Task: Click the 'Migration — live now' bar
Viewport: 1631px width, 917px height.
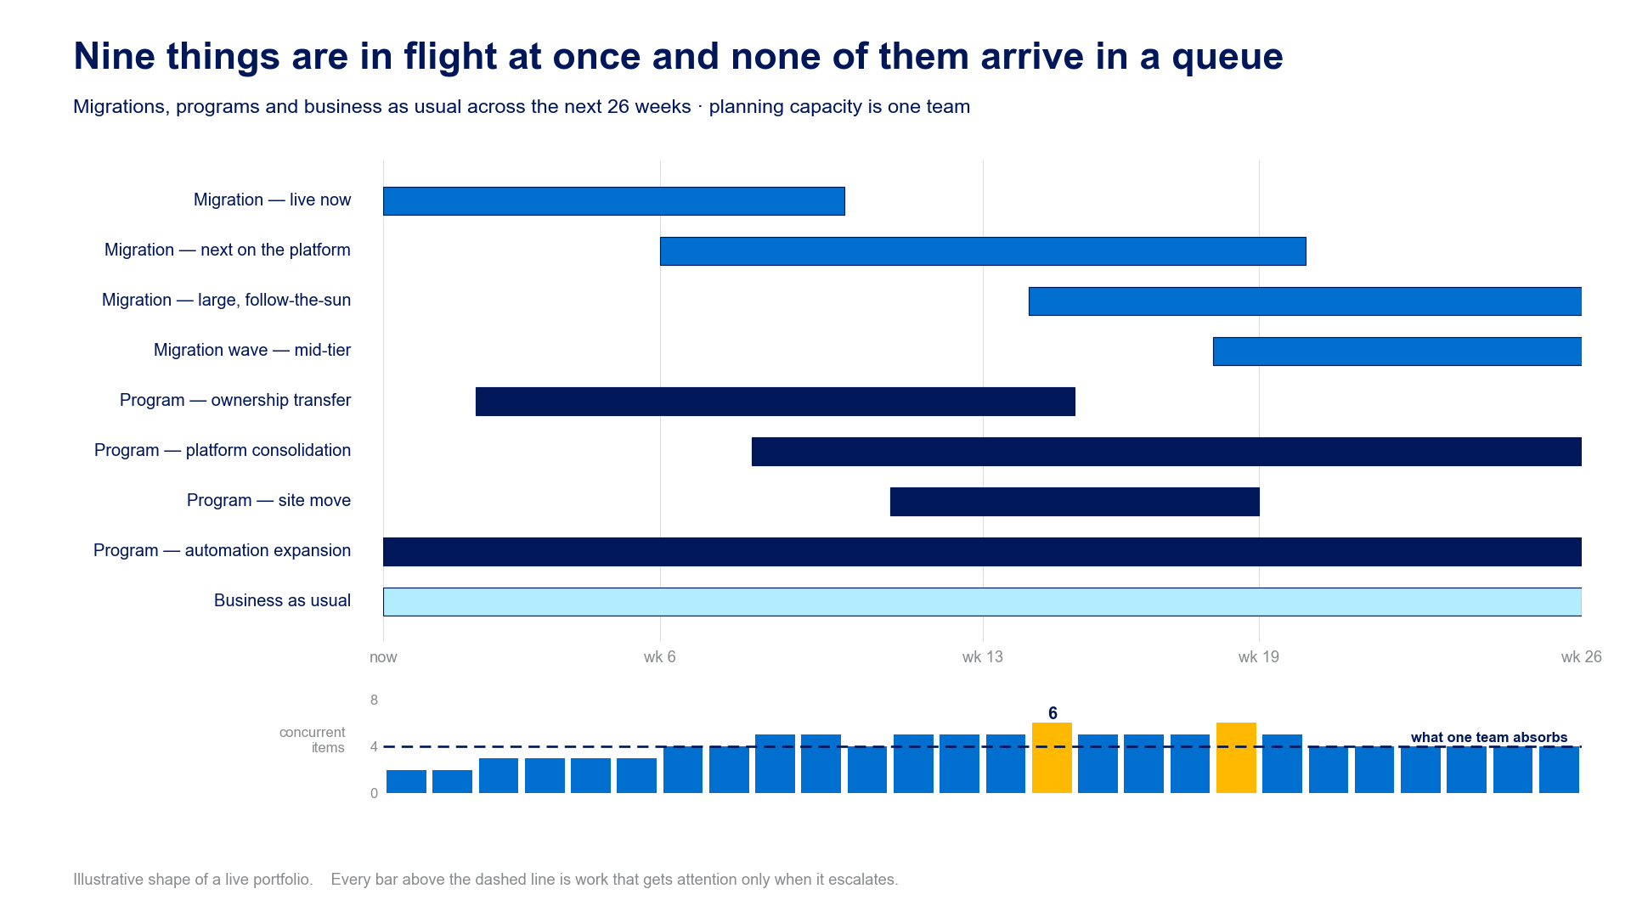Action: (614, 201)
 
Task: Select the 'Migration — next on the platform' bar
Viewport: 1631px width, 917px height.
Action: (983, 251)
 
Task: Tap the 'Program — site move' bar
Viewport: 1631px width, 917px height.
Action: (1075, 502)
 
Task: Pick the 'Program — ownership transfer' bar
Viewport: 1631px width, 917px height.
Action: (776, 402)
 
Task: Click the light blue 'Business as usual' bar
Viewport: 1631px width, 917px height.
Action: (982, 602)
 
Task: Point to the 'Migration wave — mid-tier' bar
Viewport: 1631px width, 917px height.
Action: (1397, 352)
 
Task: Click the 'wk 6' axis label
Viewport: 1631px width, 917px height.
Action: (660, 657)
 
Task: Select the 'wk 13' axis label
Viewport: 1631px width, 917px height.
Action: (983, 657)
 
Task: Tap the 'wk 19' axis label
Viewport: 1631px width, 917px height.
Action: (1259, 657)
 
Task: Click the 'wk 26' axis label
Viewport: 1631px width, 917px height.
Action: (1581, 657)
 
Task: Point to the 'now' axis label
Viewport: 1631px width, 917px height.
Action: (383, 657)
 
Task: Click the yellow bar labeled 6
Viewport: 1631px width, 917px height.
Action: (1052, 758)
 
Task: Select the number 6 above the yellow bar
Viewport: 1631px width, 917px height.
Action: (1053, 713)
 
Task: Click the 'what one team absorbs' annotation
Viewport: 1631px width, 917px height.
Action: (1489, 737)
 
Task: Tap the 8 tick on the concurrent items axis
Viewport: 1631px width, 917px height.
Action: (374, 700)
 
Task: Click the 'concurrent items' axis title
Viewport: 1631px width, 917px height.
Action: (312, 740)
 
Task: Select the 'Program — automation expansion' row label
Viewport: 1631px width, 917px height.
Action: (222, 550)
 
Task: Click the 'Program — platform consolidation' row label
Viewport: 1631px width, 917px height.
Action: (223, 450)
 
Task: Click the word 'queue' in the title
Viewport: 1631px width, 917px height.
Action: (1227, 58)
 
